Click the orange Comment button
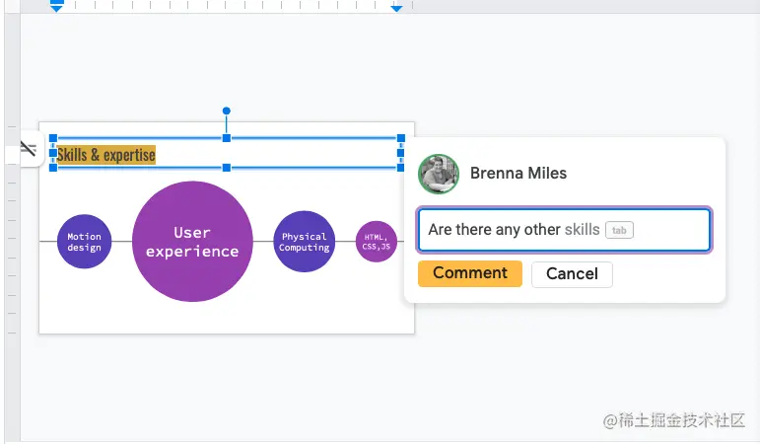[469, 273]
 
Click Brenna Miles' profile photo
[439, 174]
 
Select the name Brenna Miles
[518, 174]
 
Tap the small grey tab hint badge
[619, 230]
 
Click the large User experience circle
[192, 242]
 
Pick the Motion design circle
[85, 242]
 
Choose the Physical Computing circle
[304, 242]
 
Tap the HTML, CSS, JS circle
[376, 241]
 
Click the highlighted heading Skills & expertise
[106, 155]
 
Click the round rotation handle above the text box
[226, 111]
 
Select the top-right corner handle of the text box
[400, 139]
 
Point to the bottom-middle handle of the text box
[226, 169]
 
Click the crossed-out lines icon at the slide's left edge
[28, 149]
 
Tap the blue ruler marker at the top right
[396, 7]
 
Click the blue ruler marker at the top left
[56, 7]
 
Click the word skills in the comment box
[582, 230]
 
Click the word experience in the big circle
[192, 251]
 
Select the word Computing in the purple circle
[304, 248]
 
